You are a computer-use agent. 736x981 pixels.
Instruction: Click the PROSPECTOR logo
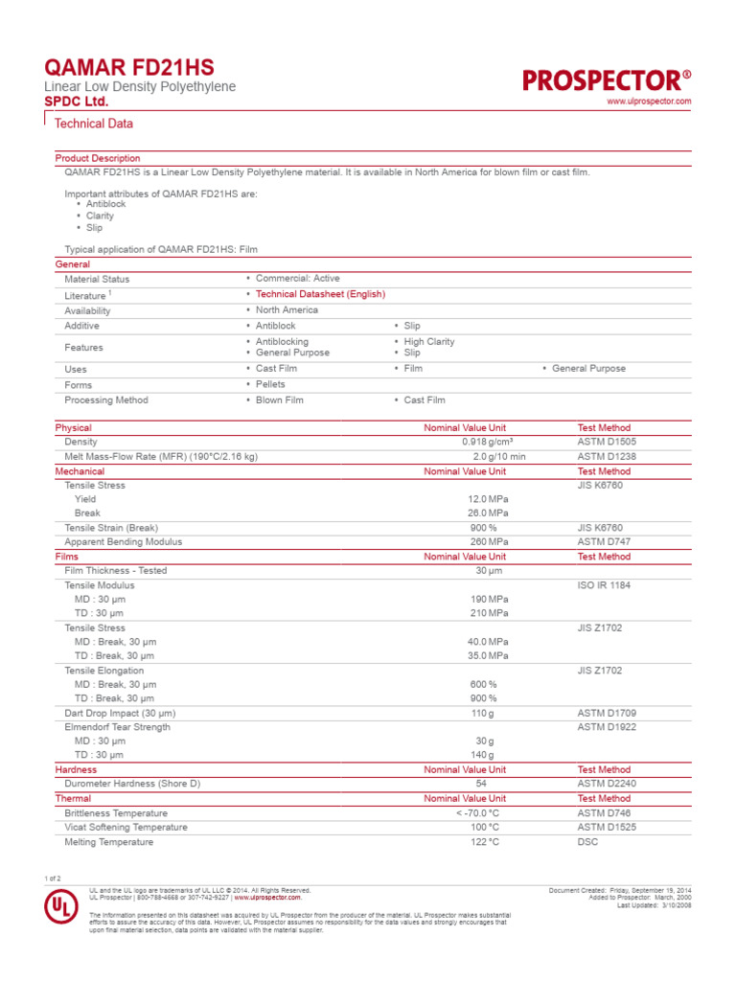click(x=606, y=80)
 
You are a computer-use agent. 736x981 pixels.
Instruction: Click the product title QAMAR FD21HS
click(x=129, y=67)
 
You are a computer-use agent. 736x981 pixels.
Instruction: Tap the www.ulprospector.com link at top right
click(x=649, y=101)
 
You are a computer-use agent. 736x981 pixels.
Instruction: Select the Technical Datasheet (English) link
click(x=320, y=294)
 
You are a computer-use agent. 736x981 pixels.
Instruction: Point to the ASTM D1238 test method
click(x=606, y=457)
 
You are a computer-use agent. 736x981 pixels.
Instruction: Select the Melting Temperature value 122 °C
click(x=483, y=842)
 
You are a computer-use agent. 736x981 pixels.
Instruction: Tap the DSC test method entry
click(x=586, y=842)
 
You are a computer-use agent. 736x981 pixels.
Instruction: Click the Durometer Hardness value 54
click(x=481, y=784)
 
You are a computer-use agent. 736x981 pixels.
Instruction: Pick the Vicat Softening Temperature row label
click(x=126, y=827)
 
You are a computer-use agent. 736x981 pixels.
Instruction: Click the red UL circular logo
click(x=62, y=908)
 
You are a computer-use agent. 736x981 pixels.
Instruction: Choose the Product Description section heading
click(x=98, y=158)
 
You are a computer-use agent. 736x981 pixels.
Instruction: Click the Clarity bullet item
click(x=100, y=217)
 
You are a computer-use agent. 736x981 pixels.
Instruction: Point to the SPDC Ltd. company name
click(x=77, y=102)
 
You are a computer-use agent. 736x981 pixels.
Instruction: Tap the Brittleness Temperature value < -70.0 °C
click(x=477, y=812)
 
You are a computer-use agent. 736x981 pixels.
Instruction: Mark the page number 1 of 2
click(x=53, y=878)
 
